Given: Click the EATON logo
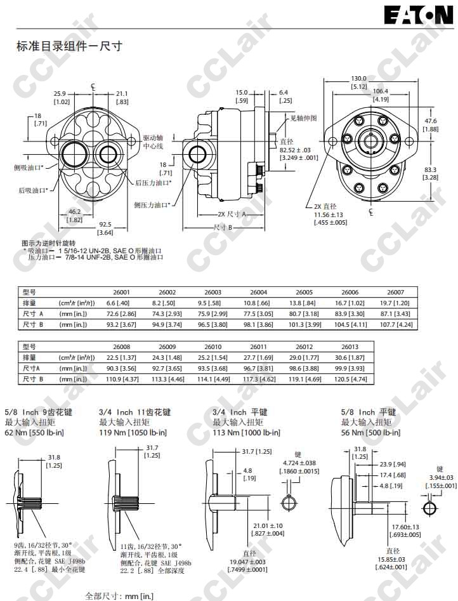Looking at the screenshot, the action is tap(419, 16).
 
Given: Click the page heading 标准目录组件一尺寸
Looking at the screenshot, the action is tap(69, 46).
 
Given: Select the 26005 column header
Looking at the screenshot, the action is tap(304, 292).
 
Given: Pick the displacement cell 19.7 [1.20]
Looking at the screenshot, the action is tap(395, 303).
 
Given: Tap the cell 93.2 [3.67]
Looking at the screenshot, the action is tap(121, 325).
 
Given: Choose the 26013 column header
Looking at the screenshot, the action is tap(350, 347).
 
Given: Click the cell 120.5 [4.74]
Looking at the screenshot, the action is tap(350, 379).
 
